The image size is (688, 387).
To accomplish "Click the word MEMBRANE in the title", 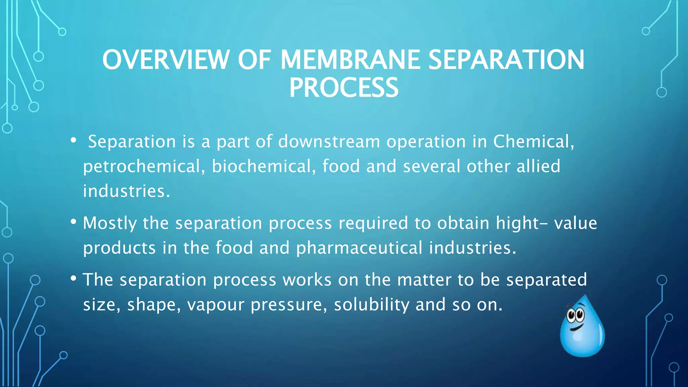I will [350, 60].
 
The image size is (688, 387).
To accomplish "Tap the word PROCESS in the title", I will [344, 88].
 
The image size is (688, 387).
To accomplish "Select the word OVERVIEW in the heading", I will [165, 60].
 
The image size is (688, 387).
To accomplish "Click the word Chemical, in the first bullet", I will [533, 141].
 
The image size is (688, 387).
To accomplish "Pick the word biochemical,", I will [264, 166].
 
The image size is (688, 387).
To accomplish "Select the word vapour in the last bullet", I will [215, 305].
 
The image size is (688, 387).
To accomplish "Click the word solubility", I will [372, 305].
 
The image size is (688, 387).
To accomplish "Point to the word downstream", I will [329, 141].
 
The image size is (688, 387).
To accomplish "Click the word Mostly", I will [110, 223].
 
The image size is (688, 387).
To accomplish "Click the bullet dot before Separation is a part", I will [73, 140].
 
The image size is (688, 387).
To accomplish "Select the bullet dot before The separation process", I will [73, 278].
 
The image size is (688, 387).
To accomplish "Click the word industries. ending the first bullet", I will [126, 191].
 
